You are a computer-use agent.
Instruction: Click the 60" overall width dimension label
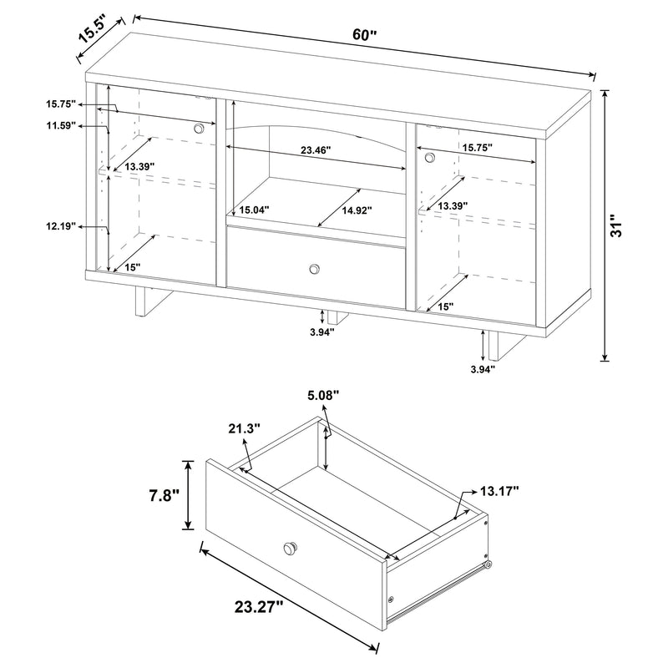(365, 35)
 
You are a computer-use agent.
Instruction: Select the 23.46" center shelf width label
(316, 151)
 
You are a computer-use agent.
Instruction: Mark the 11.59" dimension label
(61, 125)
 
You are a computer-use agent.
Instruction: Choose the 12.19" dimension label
(61, 225)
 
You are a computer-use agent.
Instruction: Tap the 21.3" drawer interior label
(243, 428)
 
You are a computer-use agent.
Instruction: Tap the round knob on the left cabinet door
(199, 128)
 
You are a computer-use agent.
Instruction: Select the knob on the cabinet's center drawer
(315, 268)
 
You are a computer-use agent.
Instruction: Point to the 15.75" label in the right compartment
(477, 147)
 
